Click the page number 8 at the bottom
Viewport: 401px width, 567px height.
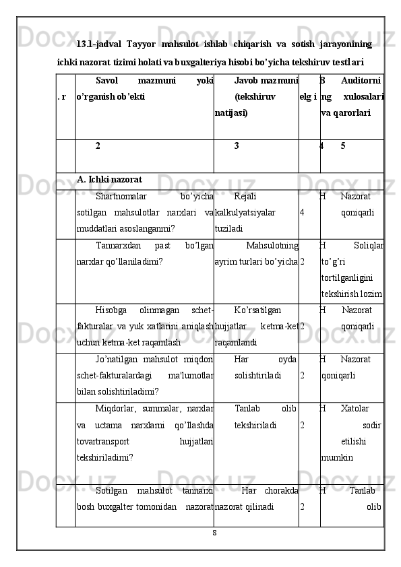(214, 533)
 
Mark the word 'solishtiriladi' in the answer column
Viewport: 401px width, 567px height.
(258, 376)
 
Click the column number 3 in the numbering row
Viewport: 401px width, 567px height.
(237, 145)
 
